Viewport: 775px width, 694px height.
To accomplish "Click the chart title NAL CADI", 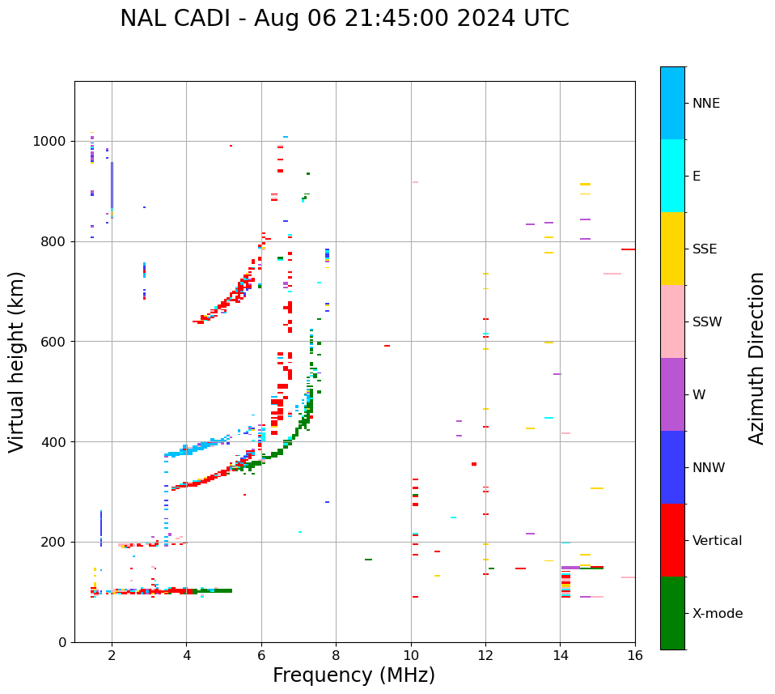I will click(344, 19).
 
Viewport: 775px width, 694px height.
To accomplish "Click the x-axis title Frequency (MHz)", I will click(354, 675).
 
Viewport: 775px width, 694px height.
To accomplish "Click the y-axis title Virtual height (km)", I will click(17, 362).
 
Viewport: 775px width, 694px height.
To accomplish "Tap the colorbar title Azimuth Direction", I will click(756, 358).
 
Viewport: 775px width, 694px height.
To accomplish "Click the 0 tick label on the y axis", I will click(63, 642).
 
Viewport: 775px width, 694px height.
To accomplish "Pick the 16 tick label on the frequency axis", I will click(635, 655).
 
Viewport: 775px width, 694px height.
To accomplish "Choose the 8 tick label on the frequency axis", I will click(336, 655).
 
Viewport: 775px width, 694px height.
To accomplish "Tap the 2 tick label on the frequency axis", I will click(112, 655).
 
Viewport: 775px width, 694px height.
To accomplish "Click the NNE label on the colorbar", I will click(705, 104).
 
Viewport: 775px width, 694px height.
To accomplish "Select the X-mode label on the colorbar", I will click(718, 614).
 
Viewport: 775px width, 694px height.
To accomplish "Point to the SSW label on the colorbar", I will click(707, 322).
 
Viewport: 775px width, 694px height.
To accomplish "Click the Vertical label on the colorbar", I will click(718, 541).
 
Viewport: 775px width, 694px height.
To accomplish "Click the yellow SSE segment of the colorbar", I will click(672, 249).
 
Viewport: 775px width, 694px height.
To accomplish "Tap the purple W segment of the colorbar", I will click(672, 394).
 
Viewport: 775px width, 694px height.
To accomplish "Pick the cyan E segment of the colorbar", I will click(672, 176).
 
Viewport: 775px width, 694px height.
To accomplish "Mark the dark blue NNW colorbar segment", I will click(672, 467).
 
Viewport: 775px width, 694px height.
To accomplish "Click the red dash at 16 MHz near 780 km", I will click(628, 249).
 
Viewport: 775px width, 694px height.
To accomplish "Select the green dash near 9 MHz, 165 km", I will click(368, 560).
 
